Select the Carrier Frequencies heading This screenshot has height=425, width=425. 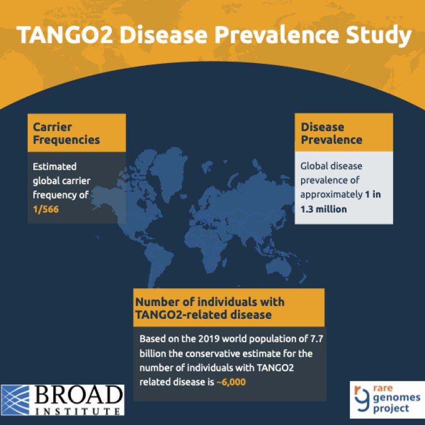click(66, 133)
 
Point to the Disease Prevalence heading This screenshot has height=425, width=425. click(331, 133)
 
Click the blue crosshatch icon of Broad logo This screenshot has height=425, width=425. click(18, 400)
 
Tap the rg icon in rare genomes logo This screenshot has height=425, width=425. click(361, 398)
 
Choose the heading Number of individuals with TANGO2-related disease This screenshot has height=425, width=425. click(210, 308)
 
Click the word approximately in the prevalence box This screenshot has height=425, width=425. click(329, 195)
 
